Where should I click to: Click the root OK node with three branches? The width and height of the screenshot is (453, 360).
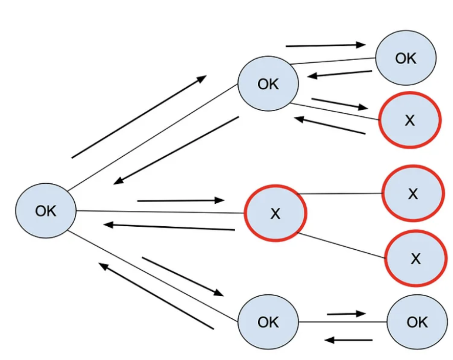pyautogui.click(x=46, y=211)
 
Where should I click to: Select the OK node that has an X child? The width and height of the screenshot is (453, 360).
pyautogui.click(x=268, y=84)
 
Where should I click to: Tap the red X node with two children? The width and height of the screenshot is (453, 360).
pyautogui.click(x=275, y=213)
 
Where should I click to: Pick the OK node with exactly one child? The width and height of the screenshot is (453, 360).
pyautogui.click(x=268, y=322)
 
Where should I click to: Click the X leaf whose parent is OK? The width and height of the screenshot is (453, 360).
pyautogui.click(x=409, y=120)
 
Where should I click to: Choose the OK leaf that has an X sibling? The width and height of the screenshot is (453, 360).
pyautogui.click(x=405, y=58)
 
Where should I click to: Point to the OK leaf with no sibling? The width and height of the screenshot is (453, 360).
pyautogui.click(x=417, y=322)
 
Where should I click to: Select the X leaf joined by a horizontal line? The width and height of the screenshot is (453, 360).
pyautogui.click(x=412, y=194)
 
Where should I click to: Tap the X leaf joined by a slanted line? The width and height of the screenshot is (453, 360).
pyautogui.click(x=416, y=259)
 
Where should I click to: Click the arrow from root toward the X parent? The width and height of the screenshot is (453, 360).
pyautogui.click(x=181, y=201)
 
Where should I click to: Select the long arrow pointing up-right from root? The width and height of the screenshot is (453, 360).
pyautogui.click(x=139, y=117)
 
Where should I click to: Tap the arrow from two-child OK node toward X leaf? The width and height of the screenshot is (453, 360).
pyautogui.click(x=339, y=104)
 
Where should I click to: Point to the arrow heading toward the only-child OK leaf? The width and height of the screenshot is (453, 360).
pyautogui.click(x=346, y=314)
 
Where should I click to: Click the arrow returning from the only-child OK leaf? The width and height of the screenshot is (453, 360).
pyautogui.click(x=348, y=340)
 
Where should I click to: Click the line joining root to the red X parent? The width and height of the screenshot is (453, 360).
pyautogui.click(x=160, y=212)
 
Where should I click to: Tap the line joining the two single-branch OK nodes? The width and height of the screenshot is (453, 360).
pyautogui.click(x=343, y=322)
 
